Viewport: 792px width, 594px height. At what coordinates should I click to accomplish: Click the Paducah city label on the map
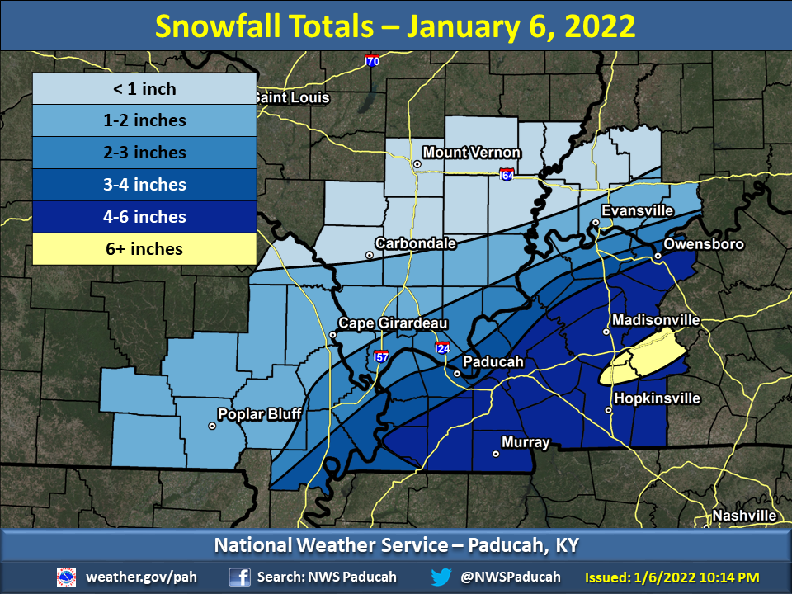(493, 361)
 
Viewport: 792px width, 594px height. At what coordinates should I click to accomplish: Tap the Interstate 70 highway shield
(372, 61)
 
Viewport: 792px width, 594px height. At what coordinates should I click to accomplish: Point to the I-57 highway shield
(380, 356)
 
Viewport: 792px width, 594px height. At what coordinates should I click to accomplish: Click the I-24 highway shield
(443, 348)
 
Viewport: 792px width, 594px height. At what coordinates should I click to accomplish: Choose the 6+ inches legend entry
(144, 248)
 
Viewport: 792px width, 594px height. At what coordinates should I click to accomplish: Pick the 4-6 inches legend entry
(144, 217)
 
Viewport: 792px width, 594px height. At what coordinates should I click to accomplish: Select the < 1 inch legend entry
(144, 88)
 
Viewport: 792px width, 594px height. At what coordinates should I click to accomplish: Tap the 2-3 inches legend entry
(144, 153)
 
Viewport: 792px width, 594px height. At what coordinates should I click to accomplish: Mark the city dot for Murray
(496, 454)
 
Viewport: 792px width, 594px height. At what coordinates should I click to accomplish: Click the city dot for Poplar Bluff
(212, 427)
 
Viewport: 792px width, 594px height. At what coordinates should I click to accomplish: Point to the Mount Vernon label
(471, 153)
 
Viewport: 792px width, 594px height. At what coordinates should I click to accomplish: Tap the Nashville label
(745, 516)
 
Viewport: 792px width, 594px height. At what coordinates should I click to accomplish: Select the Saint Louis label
(290, 97)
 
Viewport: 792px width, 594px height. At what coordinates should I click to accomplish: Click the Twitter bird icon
(441, 577)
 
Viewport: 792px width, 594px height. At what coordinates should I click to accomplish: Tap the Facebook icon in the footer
(240, 577)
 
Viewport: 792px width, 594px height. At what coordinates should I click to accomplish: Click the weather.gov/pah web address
(141, 577)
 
